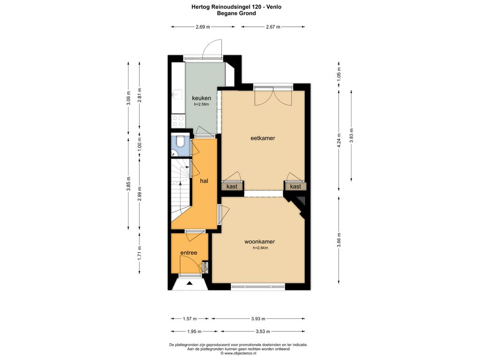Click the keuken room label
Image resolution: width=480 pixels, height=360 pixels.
point(202,98)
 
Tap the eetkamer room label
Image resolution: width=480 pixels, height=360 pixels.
point(262,138)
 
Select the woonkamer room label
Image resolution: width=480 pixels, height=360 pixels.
point(260,241)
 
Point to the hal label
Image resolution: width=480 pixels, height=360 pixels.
point(204,181)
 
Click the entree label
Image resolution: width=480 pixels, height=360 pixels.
point(188,253)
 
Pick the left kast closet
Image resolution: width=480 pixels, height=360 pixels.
point(232,186)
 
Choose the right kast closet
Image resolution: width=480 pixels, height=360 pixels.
point(295,186)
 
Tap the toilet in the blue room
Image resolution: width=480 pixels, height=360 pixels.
point(180,141)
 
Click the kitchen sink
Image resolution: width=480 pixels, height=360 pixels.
point(177,95)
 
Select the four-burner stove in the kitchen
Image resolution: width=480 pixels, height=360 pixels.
point(178,120)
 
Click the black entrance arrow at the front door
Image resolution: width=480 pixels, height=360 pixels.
point(189,283)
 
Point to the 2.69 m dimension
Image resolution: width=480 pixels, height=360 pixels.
point(202,27)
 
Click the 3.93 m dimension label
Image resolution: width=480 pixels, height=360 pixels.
point(258,319)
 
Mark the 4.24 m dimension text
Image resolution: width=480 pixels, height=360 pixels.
point(338,140)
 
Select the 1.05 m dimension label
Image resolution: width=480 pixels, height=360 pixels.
point(338,75)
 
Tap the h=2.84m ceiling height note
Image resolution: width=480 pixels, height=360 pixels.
point(260,248)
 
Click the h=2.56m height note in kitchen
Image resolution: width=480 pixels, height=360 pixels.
point(202,105)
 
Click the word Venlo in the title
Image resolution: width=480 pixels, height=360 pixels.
point(274,7)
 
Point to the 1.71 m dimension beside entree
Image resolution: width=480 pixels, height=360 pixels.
point(140,253)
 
